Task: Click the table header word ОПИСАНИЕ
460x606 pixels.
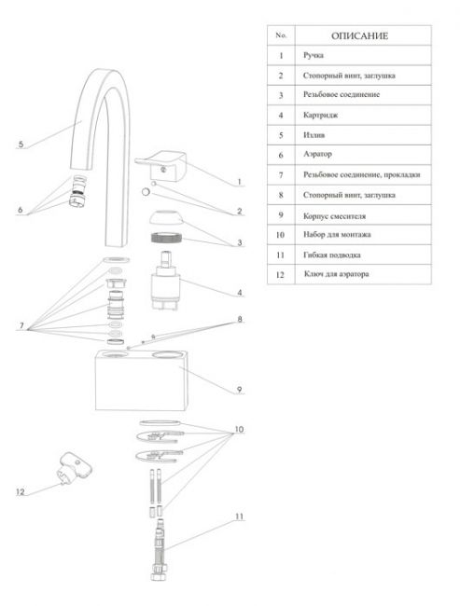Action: [x=359, y=36]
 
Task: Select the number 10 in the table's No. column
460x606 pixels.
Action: [x=281, y=235]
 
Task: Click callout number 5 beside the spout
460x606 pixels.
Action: [x=21, y=145]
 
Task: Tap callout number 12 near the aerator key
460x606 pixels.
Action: [x=21, y=491]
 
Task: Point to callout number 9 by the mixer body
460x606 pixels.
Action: [x=239, y=389]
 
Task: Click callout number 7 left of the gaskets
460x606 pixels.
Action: [x=21, y=325]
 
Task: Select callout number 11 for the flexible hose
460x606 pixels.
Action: [x=240, y=516]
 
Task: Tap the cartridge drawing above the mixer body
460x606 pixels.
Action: [x=166, y=281]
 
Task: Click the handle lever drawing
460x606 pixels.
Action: [x=161, y=166]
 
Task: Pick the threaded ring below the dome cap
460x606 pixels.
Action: [x=166, y=238]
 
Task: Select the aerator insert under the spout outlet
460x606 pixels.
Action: [x=78, y=190]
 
